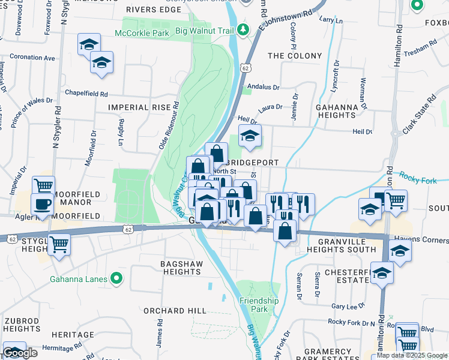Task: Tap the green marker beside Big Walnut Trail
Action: click(243, 29)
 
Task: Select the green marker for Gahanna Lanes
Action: click(117, 279)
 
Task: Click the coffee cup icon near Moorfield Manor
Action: click(42, 204)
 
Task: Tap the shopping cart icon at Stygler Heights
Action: click(59, 244)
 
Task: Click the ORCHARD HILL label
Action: click(175, 311)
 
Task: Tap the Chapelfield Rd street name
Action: click(86, 94)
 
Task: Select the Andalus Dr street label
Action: click(264, 87)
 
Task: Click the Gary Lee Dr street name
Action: click(346, 306)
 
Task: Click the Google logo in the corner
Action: click(20, 353)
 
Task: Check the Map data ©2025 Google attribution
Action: click(412, 355)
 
